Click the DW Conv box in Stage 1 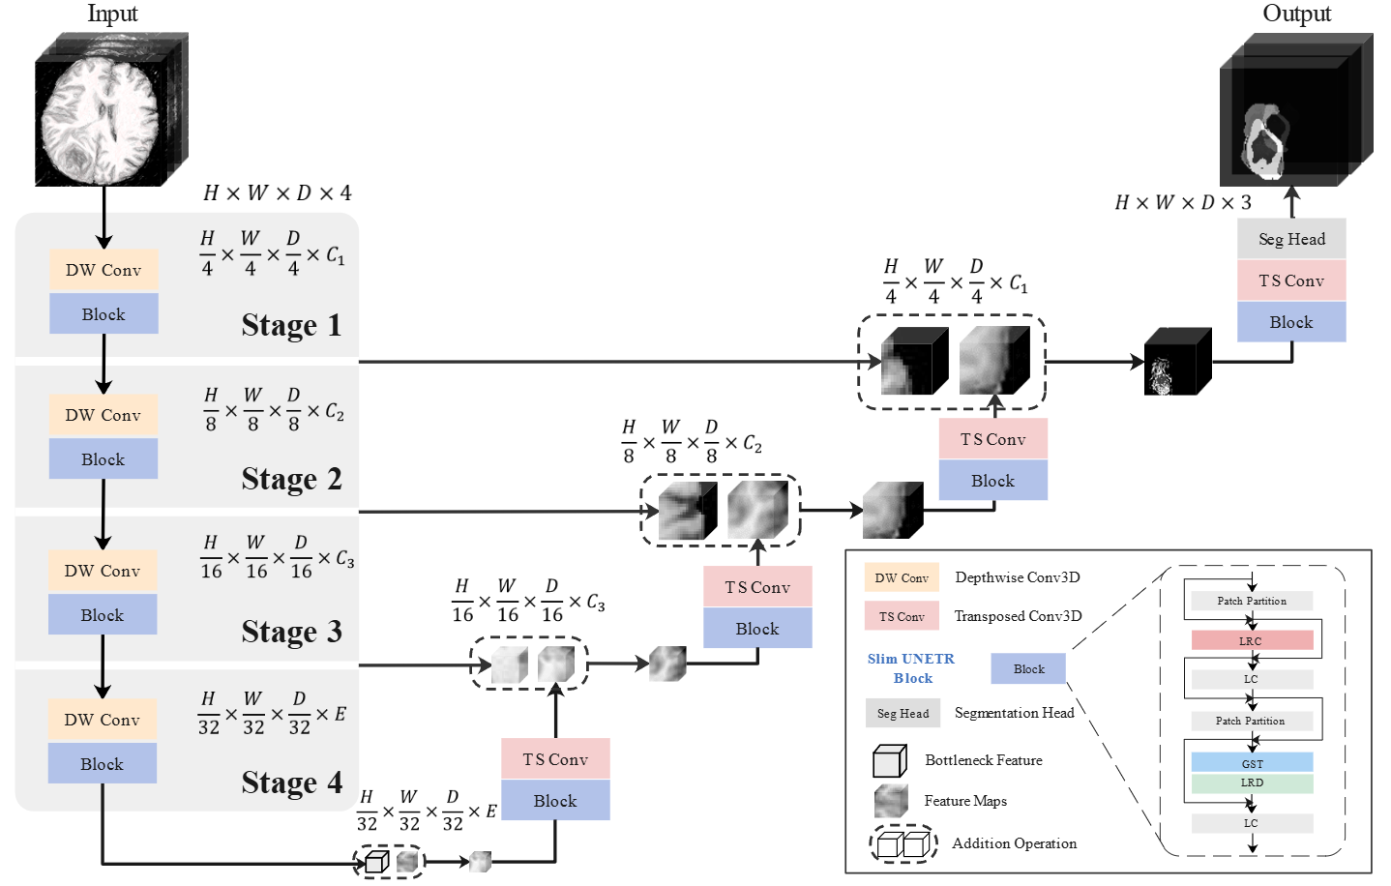[104, 270]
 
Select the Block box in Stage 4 [103, 764]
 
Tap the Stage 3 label [291, 632]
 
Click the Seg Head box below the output [1291, 239]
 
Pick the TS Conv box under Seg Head [1291, 281]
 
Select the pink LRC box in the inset [1252, 640]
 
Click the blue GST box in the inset [1252, 763]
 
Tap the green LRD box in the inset [1252, 783]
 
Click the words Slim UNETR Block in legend [911, 668]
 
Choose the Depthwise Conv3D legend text [1018, 577]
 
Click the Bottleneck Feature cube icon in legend [889, 761]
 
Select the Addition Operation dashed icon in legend [903, 843]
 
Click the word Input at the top [112, 14]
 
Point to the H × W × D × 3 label [1183, 202]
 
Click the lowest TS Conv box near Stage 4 [555, 759]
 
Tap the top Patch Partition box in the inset [1252, 601]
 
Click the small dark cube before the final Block [1177, 362]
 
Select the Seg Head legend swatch [903, 713]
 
